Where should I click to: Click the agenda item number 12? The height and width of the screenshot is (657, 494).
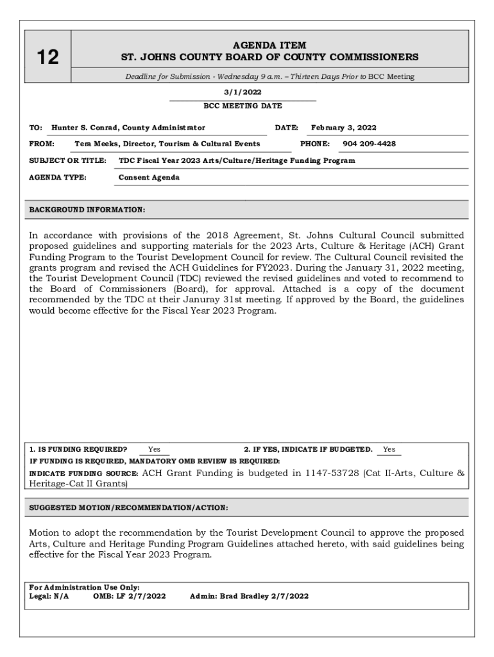tap(46, 58)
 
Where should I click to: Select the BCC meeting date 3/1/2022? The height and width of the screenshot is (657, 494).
tap(243, 92)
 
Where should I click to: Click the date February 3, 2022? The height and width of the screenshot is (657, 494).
tap(344, 128)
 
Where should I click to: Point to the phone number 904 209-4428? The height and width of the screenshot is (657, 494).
tap(369, 144)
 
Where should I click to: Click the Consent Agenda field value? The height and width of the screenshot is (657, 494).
tap(149, 178)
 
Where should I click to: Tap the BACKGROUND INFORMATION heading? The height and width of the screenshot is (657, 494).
tap(87, 210)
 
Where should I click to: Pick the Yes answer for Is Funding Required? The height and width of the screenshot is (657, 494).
tap(154, 450)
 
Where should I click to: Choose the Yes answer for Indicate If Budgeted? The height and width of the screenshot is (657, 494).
tap(389, 450)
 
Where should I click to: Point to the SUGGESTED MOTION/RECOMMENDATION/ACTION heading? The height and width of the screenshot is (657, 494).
tap(128, 508)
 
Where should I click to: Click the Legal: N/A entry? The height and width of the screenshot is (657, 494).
tap(49, 596)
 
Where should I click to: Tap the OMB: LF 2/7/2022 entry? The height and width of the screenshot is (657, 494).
tap(130, 596)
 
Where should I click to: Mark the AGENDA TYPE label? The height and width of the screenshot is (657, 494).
tap(58, 178)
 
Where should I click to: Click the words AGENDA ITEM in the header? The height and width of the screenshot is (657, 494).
tap(269, 45)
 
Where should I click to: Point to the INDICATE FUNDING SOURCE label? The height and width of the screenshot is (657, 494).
tap(83, 474)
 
